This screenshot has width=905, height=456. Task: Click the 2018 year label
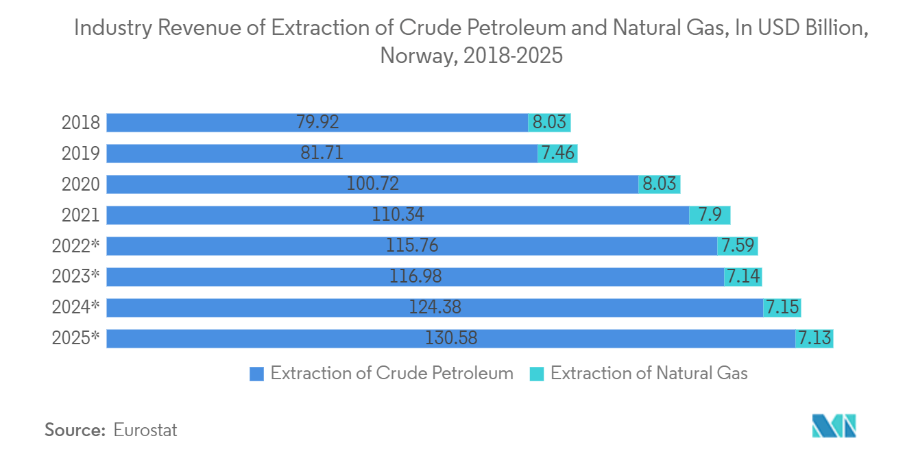point(81,123)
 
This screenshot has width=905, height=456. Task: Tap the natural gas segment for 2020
point(659,184)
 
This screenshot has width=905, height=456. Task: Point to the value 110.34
point(398,215)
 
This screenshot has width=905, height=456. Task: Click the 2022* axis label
point(75,245)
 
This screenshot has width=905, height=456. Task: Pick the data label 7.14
point(743,276)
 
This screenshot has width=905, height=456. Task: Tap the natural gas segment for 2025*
point(814,338)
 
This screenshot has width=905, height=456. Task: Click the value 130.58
point(450,338)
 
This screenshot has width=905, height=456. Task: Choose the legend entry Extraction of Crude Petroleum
point(391,373)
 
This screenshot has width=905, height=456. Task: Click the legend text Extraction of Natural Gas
point(649,373)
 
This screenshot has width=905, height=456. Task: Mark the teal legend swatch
point(537,374)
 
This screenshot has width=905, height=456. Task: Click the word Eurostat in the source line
point(145,430)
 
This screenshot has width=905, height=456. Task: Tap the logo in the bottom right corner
point(834,427)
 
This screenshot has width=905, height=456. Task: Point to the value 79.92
point(317,123)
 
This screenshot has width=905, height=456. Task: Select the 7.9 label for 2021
point(710,215)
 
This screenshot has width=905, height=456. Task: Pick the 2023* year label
point(75,276)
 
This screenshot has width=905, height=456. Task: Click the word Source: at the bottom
point(75,430)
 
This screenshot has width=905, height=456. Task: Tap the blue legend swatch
point(257,374)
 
